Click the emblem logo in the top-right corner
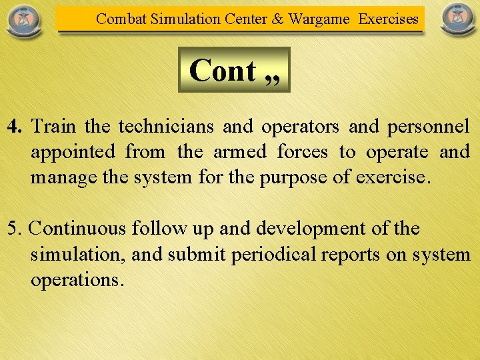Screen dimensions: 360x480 point(458,20)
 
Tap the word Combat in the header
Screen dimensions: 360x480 point(121,19)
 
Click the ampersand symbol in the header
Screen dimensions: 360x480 point(278,19)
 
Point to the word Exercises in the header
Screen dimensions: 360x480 point(389,19)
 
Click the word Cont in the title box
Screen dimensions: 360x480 point(223,71)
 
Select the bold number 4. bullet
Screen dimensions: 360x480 point(17,126)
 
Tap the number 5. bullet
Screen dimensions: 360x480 point(15,229)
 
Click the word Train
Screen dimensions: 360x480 point(53,126)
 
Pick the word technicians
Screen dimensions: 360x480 point(167,126)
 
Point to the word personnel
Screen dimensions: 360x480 point(428,126)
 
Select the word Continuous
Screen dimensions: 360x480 point(78,229)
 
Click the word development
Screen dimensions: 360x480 point(303,229)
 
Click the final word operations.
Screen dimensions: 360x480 point(77,280)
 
